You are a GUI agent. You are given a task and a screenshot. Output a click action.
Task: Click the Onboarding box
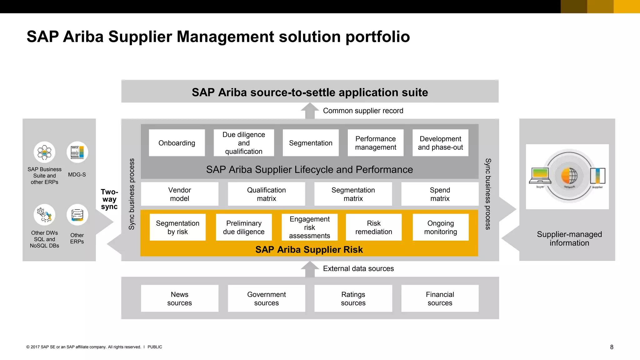177,143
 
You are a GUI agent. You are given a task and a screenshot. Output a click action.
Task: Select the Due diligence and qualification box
244,143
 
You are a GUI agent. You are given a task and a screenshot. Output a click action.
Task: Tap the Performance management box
375,143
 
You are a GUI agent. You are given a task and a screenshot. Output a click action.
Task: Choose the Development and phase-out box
440,143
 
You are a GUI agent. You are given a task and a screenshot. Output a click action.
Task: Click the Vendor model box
179,194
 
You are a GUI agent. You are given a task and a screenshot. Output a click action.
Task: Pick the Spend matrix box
440,194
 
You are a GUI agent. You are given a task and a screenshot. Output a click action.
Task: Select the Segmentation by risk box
177,227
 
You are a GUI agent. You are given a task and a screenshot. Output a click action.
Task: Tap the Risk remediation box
373,227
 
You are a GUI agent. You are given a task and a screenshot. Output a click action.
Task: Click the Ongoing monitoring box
440,227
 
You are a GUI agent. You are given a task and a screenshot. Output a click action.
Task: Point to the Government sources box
266,298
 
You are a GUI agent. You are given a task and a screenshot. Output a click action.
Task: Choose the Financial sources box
440,298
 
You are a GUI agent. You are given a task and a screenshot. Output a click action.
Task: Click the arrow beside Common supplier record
310,111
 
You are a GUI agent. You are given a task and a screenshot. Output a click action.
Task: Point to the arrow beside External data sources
310,269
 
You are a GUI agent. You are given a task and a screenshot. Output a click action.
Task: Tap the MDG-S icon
77,152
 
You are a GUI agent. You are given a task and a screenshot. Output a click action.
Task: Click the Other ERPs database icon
77,215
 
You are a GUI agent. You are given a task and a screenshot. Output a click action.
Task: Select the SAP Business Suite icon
44,152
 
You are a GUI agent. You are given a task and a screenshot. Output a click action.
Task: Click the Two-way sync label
109,199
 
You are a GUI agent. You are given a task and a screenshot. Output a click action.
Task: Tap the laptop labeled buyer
540,176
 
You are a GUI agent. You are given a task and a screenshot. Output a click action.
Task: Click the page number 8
612,347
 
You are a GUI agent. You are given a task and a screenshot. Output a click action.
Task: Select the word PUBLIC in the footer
155,347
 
